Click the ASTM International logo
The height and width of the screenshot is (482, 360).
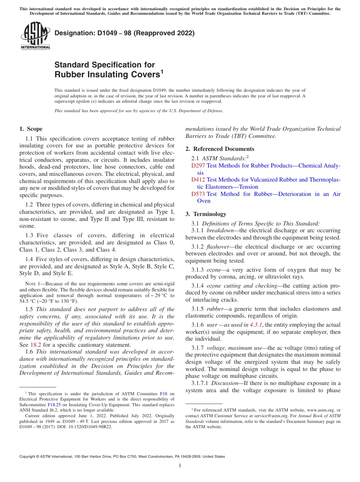pos(35,36)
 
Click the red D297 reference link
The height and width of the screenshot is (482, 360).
pos(198,166)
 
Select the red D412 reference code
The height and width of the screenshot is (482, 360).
pos(199,180)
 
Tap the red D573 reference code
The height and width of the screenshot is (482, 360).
pos(199,194)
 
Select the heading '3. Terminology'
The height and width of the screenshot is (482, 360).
pos(206,214)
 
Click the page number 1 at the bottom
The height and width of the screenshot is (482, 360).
pos(180,465)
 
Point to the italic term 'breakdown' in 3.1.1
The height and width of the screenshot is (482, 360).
pos(220,230)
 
